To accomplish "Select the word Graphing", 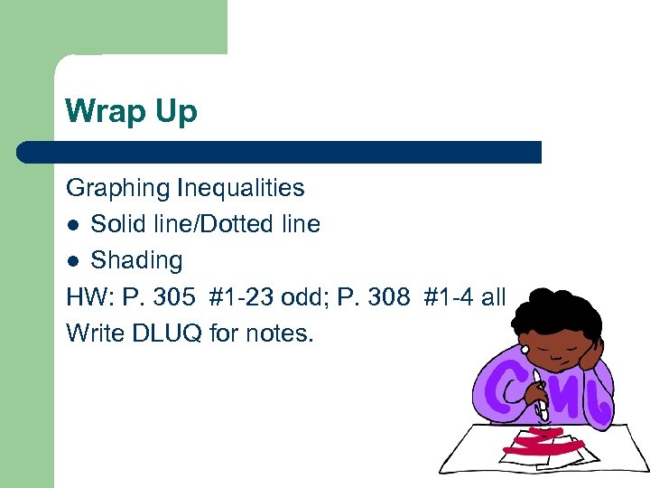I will [x=118, y=189].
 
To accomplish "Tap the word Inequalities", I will [x=241, y=189].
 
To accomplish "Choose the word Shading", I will [x=136, y=261].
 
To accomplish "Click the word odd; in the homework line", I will [x=304, y=297].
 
